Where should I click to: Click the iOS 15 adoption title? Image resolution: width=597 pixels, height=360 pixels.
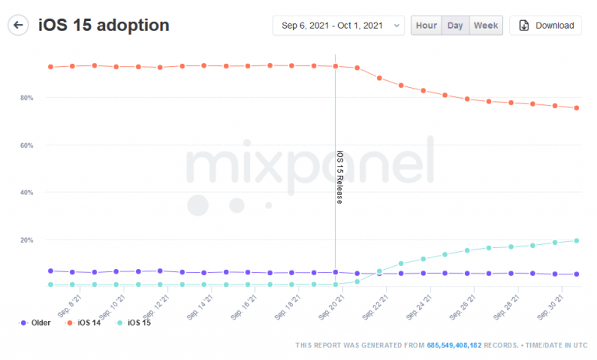[103, 25]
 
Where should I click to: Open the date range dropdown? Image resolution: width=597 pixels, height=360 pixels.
[338, 26]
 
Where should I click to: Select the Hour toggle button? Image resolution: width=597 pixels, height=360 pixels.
[426, 26]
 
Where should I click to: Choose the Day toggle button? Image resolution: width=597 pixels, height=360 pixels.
[456, 26]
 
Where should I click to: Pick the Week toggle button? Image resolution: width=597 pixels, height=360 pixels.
[486, 26]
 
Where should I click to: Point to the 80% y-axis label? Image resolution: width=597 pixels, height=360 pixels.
[27, 98]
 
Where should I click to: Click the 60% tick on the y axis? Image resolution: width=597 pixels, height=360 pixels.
[27, 145]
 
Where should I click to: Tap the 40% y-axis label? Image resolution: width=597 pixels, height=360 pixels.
[27, 192]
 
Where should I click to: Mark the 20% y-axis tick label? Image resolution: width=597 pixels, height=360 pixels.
[27, 239]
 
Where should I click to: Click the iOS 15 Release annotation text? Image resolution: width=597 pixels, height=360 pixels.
[340, 177]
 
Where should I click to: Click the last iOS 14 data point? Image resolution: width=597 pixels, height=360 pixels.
[576, 108]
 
